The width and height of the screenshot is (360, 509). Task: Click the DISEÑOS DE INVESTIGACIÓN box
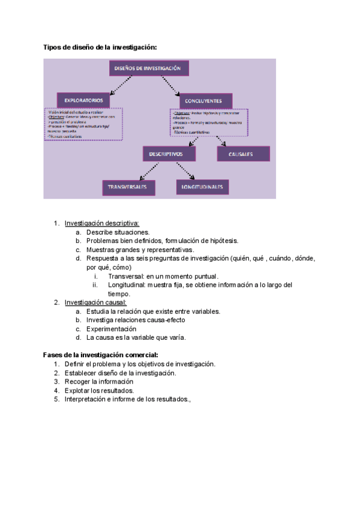point(148,68)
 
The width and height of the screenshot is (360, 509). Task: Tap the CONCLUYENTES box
point(205,101)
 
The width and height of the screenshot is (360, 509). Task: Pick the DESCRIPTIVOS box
point(170,154)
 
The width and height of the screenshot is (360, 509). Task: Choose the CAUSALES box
point(243,154)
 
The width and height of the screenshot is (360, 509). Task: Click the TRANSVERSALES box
point(128,187)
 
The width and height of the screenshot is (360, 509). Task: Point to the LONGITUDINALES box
point(202,187)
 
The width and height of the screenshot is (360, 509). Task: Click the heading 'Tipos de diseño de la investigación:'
point(100,47)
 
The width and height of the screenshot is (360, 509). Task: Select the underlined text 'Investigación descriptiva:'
point(101,223)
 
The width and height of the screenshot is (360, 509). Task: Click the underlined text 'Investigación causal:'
point(95,303)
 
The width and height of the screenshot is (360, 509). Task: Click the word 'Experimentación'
point(111,329)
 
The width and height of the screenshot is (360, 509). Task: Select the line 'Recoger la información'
point(99,382)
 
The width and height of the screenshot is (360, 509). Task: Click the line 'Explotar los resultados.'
point(99,391)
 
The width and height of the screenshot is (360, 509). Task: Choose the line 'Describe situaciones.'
point(118,232)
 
